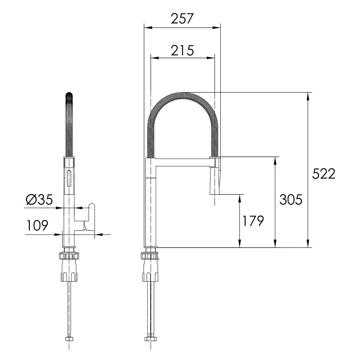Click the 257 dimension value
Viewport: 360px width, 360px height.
click(x=182, y=19)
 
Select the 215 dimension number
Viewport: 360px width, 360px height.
click(x=182, y=51)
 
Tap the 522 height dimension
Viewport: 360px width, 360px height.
click(x=324, y=174)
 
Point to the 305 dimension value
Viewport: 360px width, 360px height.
click(x=291, y=199)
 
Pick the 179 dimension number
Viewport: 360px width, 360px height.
click(x=253, y=221)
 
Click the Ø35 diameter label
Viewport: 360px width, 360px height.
click(x=39, y=199)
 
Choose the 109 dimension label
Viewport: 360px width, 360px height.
click(x=37, y=225)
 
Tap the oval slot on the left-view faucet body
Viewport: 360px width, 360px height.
click(x=69, y=178)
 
